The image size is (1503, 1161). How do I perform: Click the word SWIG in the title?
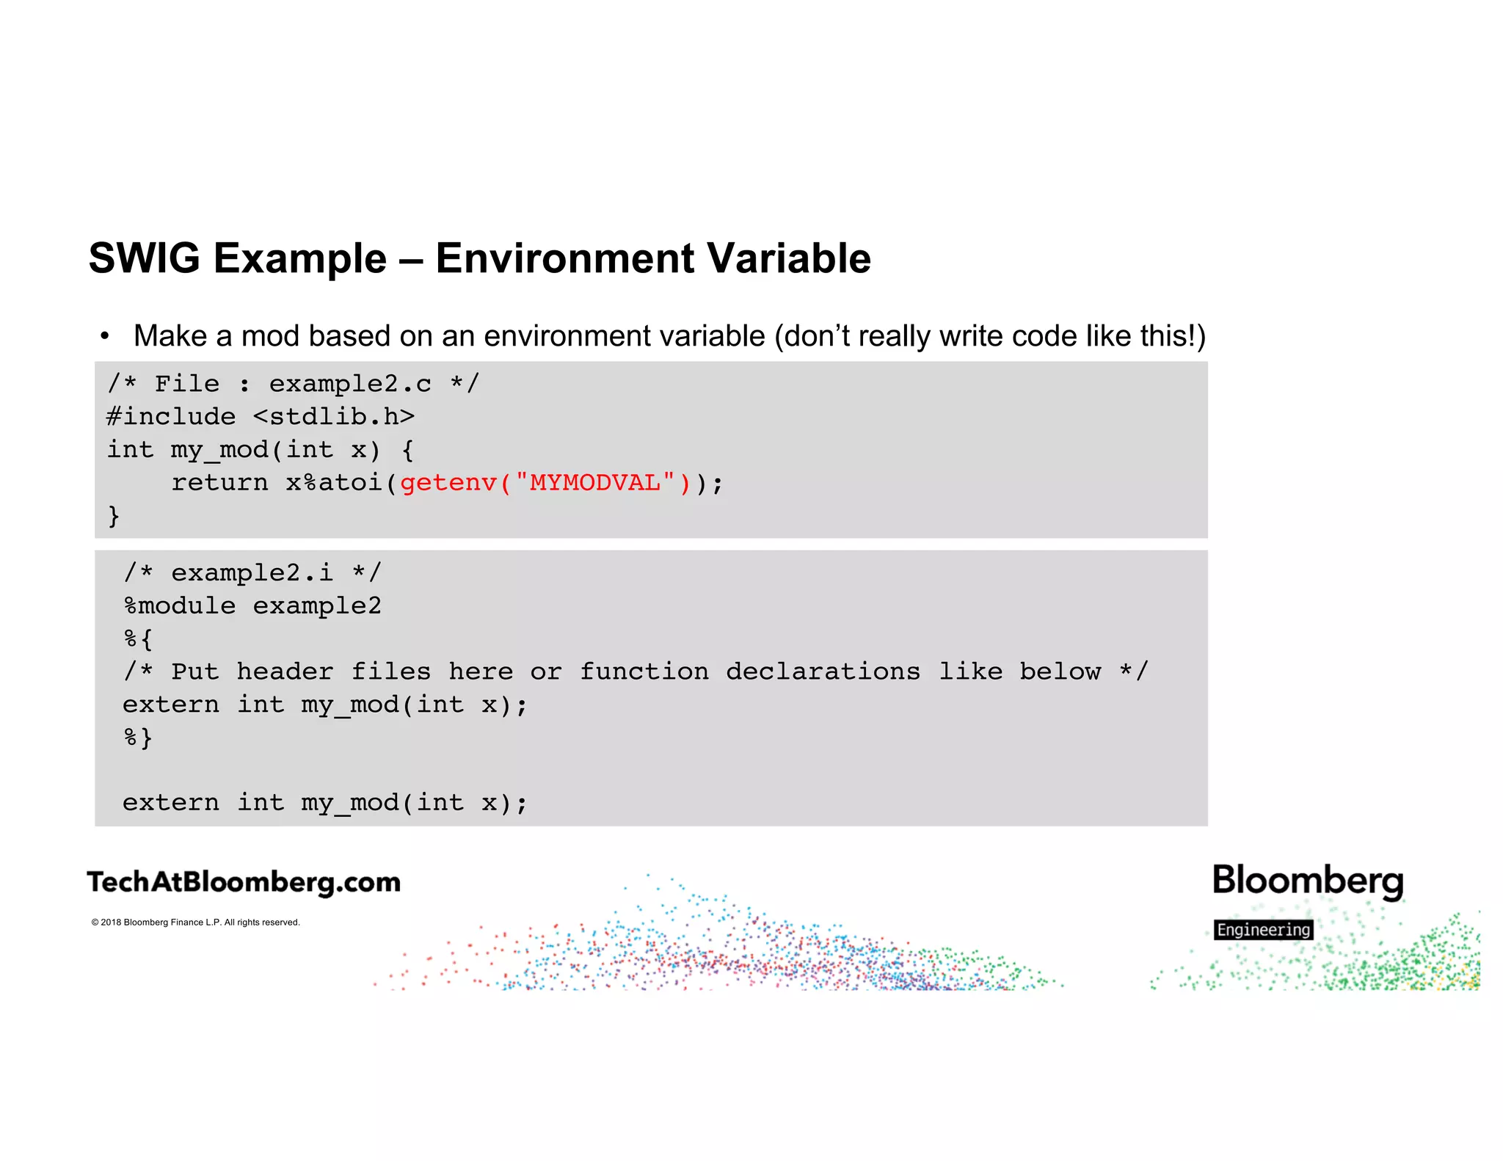pos(144,258)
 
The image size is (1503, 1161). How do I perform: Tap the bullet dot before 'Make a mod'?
pos(105,337)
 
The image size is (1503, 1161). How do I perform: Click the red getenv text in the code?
pos(448,483)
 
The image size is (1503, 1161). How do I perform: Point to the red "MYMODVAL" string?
pos(594,483)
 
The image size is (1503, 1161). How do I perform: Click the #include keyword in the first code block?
pos(171,417)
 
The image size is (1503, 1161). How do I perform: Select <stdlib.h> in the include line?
pos(334,417)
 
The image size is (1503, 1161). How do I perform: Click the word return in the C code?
pos(219,483)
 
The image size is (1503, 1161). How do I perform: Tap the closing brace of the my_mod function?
pos(114,515)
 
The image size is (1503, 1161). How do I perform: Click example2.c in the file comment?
pos(350,384)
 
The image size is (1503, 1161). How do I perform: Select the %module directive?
pos(180,606)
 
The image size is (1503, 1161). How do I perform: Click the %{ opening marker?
pos(138,638)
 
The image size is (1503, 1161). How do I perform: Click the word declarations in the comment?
pos(823,672)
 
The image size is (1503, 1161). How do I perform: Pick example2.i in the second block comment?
pos(252,572)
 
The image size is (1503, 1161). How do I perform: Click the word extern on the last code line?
pos(170,803)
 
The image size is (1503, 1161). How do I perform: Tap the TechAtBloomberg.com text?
pos(244,882)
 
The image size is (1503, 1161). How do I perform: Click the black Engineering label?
pos(1263,930)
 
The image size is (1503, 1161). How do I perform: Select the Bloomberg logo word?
pos(1307,880)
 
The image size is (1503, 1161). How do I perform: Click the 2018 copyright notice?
pos(195,922)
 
